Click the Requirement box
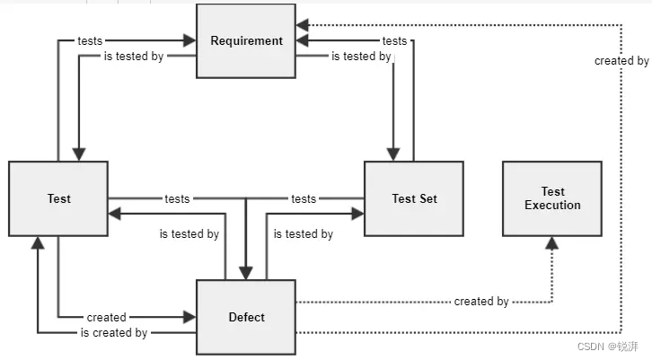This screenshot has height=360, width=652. (x=246, y=40)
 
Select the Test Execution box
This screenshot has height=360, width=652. (x=552, y=198)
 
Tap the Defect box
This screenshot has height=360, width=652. (x=246, y=317)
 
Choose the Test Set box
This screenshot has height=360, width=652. (x=414, y=198)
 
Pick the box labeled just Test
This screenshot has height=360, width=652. (x=58, y=198)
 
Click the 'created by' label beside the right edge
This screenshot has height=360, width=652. (x=621, y=61)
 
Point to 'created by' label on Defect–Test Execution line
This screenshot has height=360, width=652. (x=481, y=302)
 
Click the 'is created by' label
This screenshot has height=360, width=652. (x=114, y=333)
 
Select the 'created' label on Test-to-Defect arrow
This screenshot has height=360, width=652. (x=107, y=317)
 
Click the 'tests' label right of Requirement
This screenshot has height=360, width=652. (x=394, y=40)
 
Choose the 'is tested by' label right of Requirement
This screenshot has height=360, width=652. (x=361, y=57)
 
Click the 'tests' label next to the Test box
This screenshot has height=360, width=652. (x=177, y=198)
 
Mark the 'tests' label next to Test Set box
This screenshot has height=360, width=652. (x=304, y=198)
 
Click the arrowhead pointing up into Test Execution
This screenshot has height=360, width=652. (x=552, y=242)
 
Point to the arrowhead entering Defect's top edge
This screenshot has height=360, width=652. (x=245, y=273)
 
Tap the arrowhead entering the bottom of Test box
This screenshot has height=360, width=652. (x=38, y=242)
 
